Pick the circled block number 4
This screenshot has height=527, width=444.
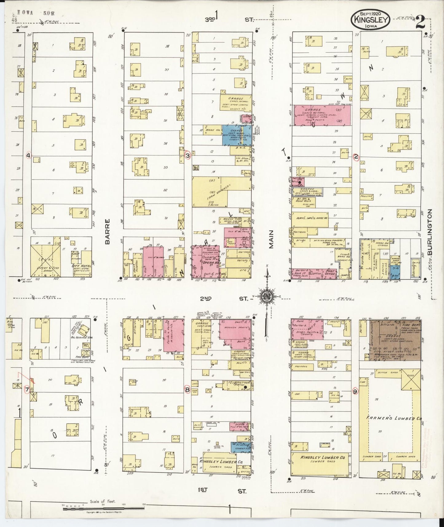pyautogui.click(x=28, y=156)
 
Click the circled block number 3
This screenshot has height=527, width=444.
pyautogui.click(x=188, y=156)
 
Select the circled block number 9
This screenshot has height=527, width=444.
pyautogui.click(x=356, y=391)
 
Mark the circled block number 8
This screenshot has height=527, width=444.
pyautogui.click(x=187, y=390)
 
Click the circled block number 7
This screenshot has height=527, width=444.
pyautogui.click(x=27, y=390)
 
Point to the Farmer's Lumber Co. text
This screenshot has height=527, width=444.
pyautogui.click(x=394, y=418)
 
